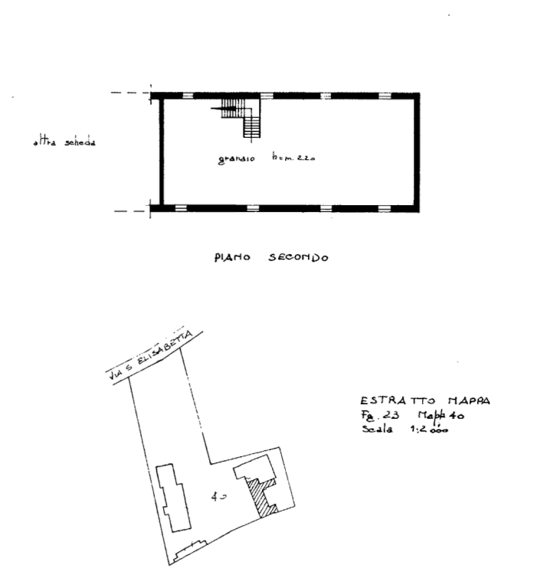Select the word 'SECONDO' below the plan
click(x=300, y=258)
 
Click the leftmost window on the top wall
click(x=188, y=94)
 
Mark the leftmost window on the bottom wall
click(x=181, y=207)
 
